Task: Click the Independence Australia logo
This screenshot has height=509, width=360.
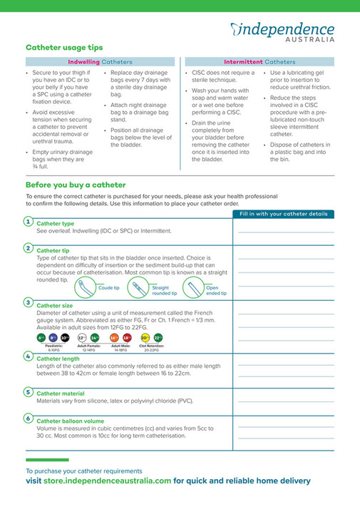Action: coord(282,31)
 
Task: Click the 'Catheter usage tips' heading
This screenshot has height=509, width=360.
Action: coord(64,48)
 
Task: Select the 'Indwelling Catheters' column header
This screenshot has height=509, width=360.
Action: coord(100,62)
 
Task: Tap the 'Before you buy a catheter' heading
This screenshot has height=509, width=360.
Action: coord(76,185)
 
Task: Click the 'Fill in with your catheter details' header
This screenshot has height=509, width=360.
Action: coord(283,213)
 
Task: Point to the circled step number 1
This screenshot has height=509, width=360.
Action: coord(28,222)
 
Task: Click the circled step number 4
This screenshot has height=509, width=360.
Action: coord(28,356)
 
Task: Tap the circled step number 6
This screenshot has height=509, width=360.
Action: coord(28,418)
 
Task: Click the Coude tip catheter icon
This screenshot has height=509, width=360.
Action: coord(83,287)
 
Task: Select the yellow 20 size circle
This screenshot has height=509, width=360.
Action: coord(145,337)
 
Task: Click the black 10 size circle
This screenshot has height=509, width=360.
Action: coord(65,337)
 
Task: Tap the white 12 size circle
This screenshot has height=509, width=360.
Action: coord(82,337)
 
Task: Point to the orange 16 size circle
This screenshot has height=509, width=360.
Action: coord(114,337)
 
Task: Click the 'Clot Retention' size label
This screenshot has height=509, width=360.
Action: coord(151,346)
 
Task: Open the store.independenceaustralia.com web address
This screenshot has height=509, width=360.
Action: coord(106,480)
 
